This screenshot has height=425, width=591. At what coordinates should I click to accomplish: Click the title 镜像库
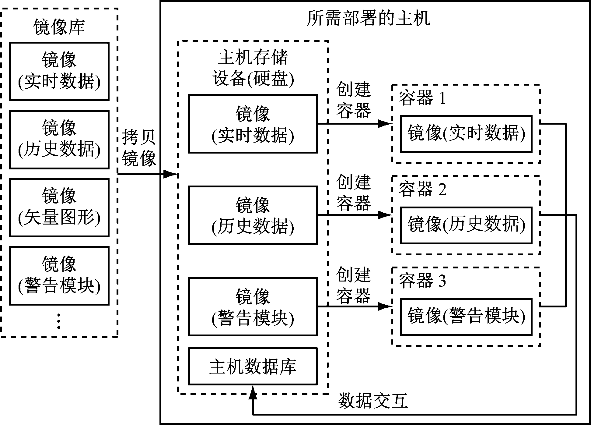(59, 27)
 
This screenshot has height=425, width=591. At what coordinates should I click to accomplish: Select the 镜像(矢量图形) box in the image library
(59, 207)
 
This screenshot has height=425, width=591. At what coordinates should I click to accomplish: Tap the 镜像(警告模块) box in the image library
(59, 276)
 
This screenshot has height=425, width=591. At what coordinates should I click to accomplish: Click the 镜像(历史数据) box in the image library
(59, 140)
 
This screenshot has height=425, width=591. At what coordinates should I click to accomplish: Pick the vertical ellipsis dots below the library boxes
(59, 321)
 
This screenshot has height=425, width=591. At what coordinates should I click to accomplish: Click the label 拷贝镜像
(139, 148)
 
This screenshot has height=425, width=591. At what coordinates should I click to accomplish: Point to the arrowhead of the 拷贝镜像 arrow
(170, 174)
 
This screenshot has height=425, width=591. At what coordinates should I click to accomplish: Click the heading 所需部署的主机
(368, 18)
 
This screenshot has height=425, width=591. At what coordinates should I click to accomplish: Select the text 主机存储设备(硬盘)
(253, 68)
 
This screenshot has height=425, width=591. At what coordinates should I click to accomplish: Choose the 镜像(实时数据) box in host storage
(253, 124)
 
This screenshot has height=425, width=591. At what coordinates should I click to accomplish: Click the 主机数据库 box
(253, 366)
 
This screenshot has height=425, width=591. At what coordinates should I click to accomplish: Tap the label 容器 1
(422, 98)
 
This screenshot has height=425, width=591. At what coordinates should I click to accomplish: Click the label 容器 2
(422, 189)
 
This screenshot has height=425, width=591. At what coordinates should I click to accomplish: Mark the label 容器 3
(422, 281)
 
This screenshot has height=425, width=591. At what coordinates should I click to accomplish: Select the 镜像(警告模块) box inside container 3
(466, 317)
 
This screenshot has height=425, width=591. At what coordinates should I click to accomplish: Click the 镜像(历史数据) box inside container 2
(466, 225)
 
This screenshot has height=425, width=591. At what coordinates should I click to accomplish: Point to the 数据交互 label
(372, 401)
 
